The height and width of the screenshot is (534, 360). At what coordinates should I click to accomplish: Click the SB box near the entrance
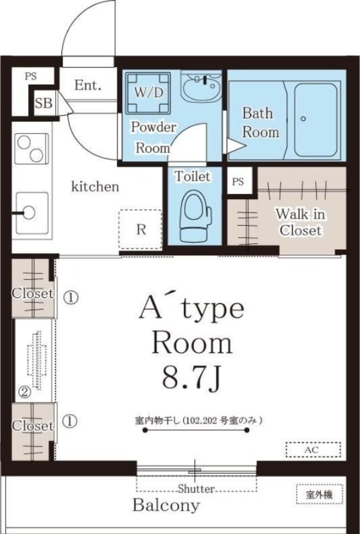tap(45, 103)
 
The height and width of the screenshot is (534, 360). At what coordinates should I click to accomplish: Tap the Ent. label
tap(87, 86)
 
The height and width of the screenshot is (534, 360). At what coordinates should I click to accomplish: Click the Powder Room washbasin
tap(201, 88)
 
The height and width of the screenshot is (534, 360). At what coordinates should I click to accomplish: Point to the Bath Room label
tap(260, 122)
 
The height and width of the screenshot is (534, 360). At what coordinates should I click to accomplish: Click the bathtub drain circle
tap(303, 119)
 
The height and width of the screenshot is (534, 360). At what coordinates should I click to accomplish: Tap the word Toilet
tap(192, 177)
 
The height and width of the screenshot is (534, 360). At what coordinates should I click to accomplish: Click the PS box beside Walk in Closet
tap(238, 181)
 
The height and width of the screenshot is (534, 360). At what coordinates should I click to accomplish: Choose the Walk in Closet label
tap(301, 223)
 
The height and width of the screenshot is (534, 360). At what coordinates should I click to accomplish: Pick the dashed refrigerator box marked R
tap(141, 229)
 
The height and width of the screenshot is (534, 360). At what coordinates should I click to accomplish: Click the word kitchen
tap(96, 186)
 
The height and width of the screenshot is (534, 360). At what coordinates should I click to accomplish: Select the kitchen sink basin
tap(31, 212)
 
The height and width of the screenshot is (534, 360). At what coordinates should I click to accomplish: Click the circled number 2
tap(24, 393)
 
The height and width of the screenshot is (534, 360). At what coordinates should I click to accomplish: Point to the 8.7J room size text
tap(192, 379)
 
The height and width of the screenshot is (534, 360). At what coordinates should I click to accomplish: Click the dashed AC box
tap(312, 450)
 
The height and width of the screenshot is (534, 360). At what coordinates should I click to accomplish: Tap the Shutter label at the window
tap(196, 489)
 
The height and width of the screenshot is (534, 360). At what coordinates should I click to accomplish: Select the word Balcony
tap(166, 505)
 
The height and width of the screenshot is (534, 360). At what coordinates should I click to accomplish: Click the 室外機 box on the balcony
tap(315, 495)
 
